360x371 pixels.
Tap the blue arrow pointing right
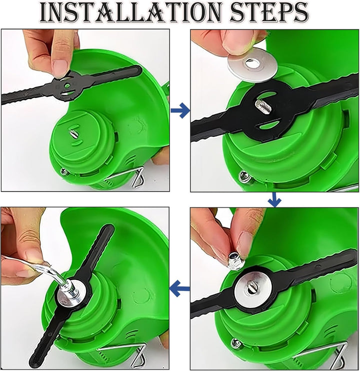pyautogui.click(x=180, y=110)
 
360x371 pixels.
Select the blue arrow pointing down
pyautogui.click(x=274, y=200)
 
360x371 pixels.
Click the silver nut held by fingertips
pyautogui.click(x=235, y=260)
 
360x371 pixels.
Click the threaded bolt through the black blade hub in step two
pyautogui.click(x=262, y=106)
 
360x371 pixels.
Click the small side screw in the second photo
pyautogui.click(x=244, y=177)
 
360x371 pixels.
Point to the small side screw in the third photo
pyautogui.click(x=236, y=344)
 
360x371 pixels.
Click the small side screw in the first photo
pyautogui.click(x=63, y=171)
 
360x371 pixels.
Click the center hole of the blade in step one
pyautogui.click(x=67, y=85)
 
